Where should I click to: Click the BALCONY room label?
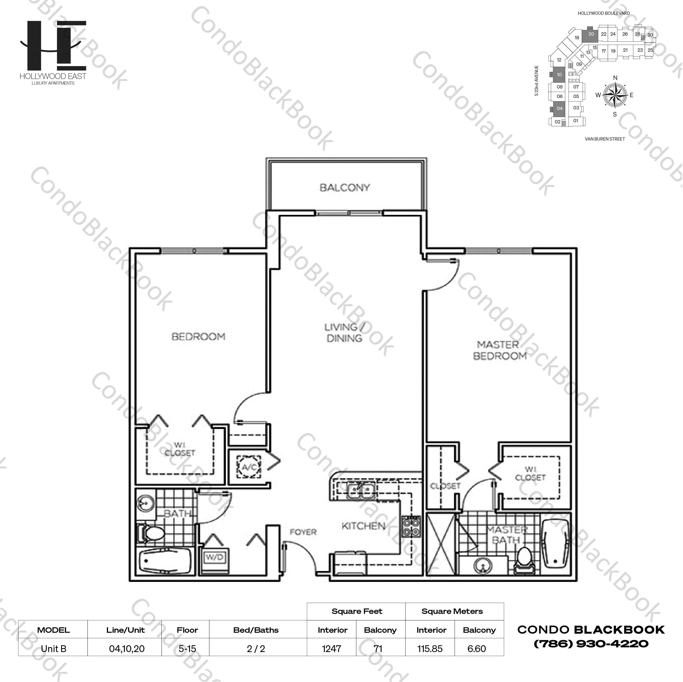click(345, 188)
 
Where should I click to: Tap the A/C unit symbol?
click(249, 467)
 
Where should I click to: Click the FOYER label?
click(303, 532)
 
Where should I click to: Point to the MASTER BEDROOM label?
click(499, 350)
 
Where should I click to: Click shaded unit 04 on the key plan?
click(559, 108)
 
